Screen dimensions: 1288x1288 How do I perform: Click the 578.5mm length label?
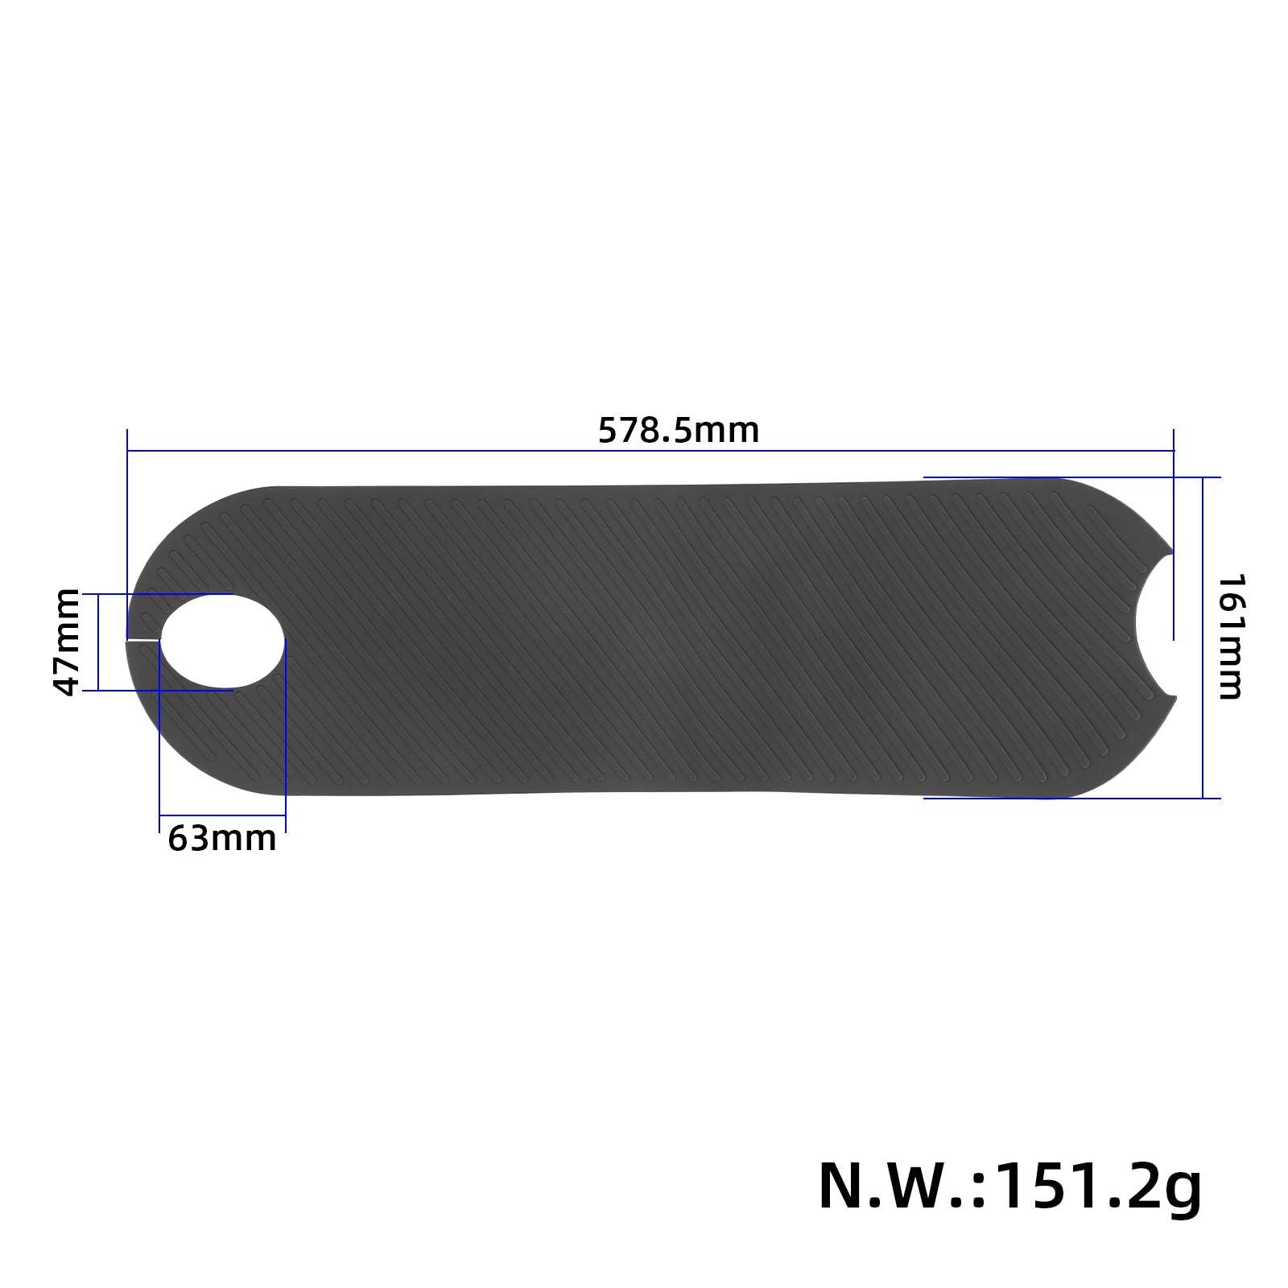pos(679,431)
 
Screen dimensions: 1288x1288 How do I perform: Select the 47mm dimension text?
pos(66,642)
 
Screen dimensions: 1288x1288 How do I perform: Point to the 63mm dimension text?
pos(222,838)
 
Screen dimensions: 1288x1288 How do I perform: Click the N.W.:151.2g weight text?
pos(1009,1187)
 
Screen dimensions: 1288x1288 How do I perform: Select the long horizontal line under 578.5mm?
pos(650,452)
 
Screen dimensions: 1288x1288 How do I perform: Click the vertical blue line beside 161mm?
pos(1203,638)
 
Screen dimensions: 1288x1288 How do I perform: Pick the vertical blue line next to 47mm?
pos(97,642)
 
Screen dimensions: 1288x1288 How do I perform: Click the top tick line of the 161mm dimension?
pos(1071,477)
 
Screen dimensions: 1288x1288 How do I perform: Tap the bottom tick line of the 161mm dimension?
pos(1071,799)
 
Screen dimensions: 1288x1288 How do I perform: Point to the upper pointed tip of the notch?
pos(1171,552)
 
